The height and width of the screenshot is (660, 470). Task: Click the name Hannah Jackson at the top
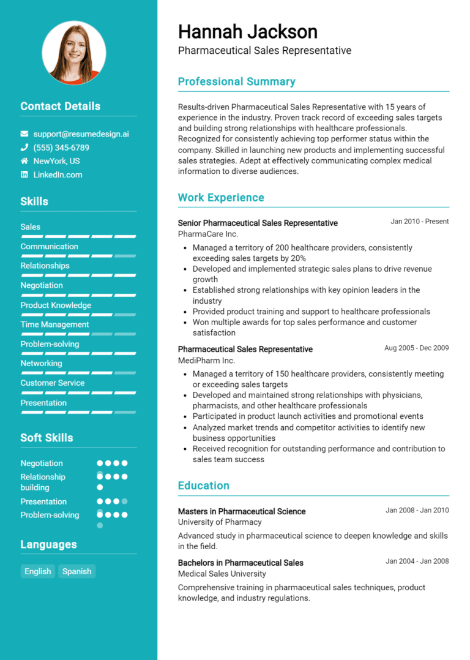[248, 31]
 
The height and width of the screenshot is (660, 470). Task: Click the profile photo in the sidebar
[74, 53]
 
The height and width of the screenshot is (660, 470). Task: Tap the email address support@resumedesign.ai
[81, 133]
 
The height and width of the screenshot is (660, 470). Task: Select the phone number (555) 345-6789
[61, 148]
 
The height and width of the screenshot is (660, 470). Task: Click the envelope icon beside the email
[24, 133]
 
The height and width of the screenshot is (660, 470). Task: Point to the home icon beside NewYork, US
[24, 161]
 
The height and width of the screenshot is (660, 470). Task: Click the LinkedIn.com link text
[58, 174]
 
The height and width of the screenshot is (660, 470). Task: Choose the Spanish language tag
[77, 571]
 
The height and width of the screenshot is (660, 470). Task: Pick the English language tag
[38, 571]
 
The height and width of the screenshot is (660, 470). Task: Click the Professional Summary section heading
[236, 81]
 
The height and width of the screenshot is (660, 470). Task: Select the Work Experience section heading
[221, 197]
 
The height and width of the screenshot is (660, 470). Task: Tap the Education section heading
[203, 486]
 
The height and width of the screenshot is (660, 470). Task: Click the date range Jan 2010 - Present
[420, 222]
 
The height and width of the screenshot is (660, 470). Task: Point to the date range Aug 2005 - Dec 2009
[416, 348]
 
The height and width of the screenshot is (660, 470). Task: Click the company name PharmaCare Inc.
[208, 234]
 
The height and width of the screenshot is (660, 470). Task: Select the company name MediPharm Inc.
[206, 360]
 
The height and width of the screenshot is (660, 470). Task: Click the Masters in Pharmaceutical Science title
[242, 511]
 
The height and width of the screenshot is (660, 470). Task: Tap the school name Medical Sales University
[222, 574]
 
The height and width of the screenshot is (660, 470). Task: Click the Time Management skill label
[54, 324]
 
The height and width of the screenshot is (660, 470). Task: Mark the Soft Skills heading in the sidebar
[47, 438]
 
